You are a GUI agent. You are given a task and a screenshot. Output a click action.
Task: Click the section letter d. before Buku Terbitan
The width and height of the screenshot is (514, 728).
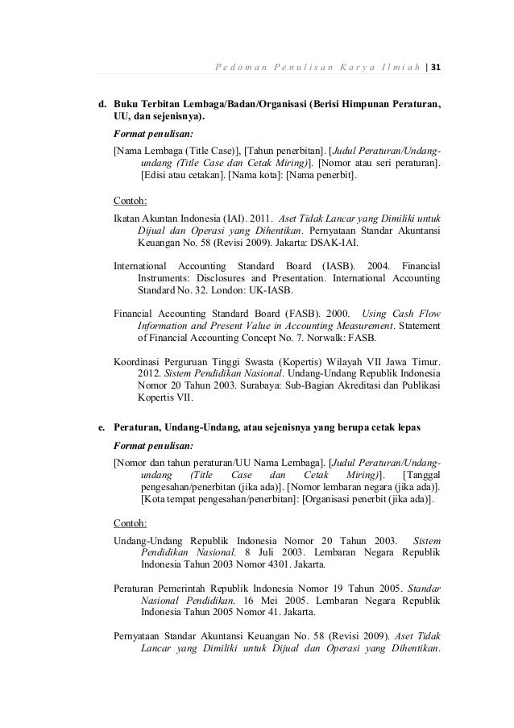pyautogui.click(x=102, y=104)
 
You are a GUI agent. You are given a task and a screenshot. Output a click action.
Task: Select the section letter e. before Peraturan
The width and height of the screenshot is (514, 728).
pyautogui.click(x=102, y=425)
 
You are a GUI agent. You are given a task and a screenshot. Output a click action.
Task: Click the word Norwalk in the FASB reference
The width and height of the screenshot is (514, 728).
pyautogui.click(x=356, y=339)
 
